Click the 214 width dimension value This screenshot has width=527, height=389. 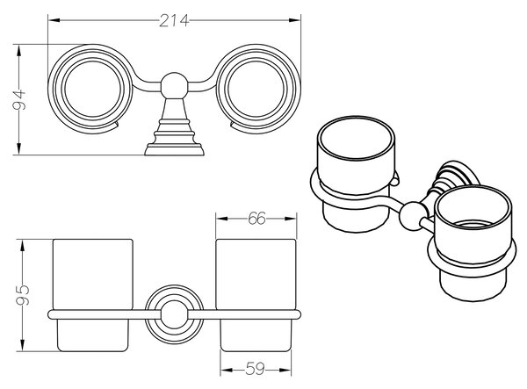(x=174, y=21)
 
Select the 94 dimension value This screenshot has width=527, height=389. (x=19, y=100)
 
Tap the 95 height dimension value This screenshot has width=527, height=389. (x=23, y=295)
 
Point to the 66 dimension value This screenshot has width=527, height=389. (x=256, y=219)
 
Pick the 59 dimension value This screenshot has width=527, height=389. (x=255, y=370)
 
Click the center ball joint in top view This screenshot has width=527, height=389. (x=173, y=85)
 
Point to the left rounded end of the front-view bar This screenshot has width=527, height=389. (x=50, y=314)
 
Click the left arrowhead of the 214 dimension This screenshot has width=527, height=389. (x=54, y=20)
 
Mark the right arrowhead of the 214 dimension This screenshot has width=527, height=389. (x=294, y=20)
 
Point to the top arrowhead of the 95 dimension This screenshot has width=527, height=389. (x=23, y=245)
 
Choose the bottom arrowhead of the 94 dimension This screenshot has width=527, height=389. (x=18, y=148)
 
